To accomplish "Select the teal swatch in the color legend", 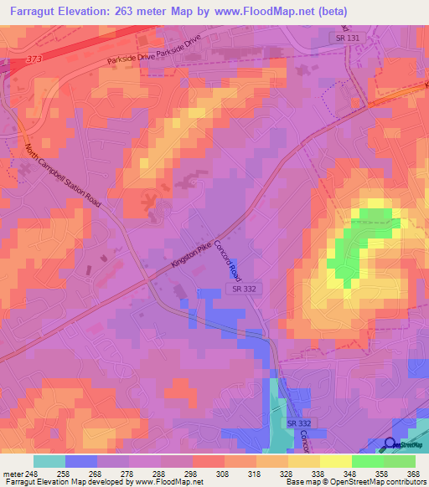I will click(x=49, y=461).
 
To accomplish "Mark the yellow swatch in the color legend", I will click(x=336, y=461).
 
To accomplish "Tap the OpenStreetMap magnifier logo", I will click(x=390, y=443).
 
